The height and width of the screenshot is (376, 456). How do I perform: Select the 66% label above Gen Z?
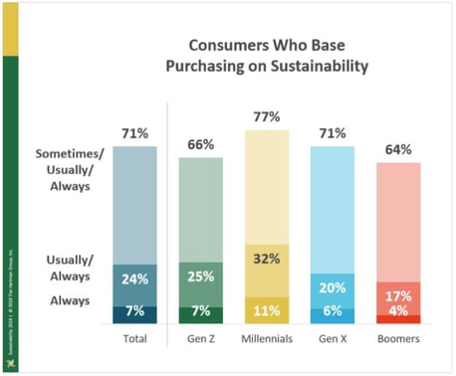tap(200, 145)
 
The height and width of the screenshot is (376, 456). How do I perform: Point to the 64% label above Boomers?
tap(398, 149)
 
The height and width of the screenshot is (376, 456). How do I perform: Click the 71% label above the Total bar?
tap(134, 133)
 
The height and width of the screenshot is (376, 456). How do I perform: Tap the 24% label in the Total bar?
tap(134, 280)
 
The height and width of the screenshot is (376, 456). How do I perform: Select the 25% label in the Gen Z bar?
tap(200, 275)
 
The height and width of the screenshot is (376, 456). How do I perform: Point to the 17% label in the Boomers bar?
tap(398, 295)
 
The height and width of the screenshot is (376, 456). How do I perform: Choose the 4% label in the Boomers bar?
tap(398, 310)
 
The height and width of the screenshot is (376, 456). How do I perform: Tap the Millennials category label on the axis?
tap(266, 339)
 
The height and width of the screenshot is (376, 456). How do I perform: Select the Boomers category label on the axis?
tap(398, 339)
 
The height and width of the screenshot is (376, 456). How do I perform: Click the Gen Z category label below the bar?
tap(200, 339)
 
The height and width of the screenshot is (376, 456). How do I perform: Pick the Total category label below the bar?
tap(134, 339)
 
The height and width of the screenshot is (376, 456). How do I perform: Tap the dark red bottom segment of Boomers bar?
tap(398, 319)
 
